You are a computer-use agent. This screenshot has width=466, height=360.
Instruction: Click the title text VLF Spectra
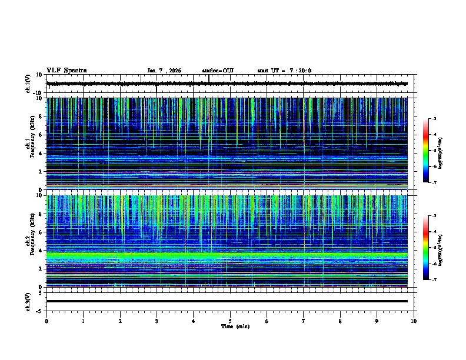66,71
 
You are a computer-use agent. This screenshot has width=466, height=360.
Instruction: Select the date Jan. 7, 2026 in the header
164,71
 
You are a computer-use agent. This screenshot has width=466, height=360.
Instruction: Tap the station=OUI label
218,71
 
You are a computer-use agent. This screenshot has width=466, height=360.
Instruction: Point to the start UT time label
284,71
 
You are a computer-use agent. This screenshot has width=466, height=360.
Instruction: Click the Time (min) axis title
235,326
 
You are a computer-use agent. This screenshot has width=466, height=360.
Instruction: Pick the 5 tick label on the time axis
230,321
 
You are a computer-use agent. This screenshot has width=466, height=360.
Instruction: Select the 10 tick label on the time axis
414,321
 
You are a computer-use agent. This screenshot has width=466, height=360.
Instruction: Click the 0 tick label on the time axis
46,321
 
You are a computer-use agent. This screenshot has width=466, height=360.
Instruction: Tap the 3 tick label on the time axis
157,321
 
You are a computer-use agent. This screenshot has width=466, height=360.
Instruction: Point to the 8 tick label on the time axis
340,321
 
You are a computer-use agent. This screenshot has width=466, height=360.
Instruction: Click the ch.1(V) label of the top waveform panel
28,84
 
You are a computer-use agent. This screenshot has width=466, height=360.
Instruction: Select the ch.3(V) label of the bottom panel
28,301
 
